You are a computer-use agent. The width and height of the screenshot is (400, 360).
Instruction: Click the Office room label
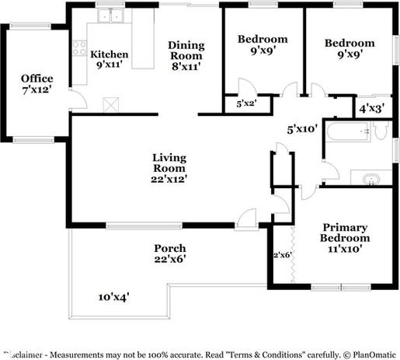pyautogui.click(x=37, y=85)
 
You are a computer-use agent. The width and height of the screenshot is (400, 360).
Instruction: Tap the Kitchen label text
pyautogui.click(x=110, y=60)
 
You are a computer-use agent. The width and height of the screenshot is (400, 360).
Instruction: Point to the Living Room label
pyautogui.click(x=169, y=167)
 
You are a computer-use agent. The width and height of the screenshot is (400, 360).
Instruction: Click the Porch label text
pyautogui.click(x=169, y=253)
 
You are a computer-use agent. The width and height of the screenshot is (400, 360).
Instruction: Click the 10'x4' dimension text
pyautogui.click(x=113, y=296)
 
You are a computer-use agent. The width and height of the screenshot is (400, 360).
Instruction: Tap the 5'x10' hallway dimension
pyautogui.click(x=302, y=129)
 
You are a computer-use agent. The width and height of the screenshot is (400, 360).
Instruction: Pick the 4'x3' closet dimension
pyautogui.click(x=371, y=109)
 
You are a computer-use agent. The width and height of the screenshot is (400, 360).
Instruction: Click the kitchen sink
pyautogui.click(x=111, y=15)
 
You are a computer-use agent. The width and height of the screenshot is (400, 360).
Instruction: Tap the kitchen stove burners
pyautogui.click(x=78, y=48)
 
